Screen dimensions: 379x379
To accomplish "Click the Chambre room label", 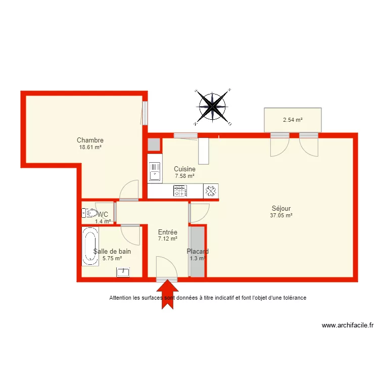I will [90, 140].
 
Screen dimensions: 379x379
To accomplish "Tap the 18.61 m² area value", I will [90, 147].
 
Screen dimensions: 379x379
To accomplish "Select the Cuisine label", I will [184, 169].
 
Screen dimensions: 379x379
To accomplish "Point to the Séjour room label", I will [281, 208].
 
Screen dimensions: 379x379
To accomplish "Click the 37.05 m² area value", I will [281, 215].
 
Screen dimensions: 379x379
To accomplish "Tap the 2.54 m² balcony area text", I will [293, 120].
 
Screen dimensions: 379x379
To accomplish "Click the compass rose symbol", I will [212, 107].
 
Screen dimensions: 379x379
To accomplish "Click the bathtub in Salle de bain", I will [90, 246].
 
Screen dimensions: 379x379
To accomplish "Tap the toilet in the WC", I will [89, 213].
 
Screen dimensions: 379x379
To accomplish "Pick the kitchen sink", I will [154, 171].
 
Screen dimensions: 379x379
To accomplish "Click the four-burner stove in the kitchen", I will [180, 191].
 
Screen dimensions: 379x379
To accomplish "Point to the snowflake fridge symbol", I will [211, 191].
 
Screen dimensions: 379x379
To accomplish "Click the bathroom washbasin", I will [123, 272].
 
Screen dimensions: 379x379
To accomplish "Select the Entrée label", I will [167, 232].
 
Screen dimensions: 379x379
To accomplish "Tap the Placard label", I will [198, 251].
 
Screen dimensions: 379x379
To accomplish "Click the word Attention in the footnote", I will [121, 298].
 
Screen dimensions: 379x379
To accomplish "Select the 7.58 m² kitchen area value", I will [184, 176].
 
